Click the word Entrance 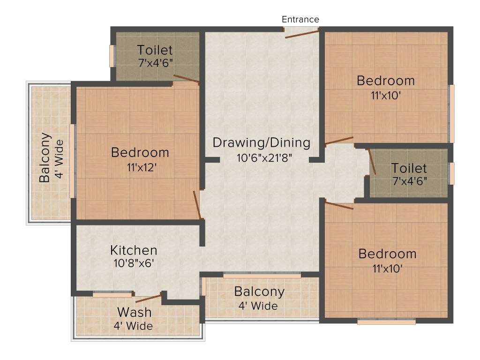pos(300,19)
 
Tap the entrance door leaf pos(302,34)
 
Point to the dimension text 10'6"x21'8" pos(264,157)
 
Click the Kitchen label pos(134,250)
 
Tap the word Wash pos(134,312)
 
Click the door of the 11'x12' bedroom pos(197,204)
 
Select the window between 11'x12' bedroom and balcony pos(72,160)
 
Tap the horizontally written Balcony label pos(259,292)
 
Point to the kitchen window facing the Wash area pos(112,295)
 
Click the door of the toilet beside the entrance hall pos(186,79)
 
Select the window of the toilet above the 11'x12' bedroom pos(112,56)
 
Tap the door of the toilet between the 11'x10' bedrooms pos(372,162)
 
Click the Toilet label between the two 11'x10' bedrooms pos(409,168)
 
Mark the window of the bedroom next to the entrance pos(451,113)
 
